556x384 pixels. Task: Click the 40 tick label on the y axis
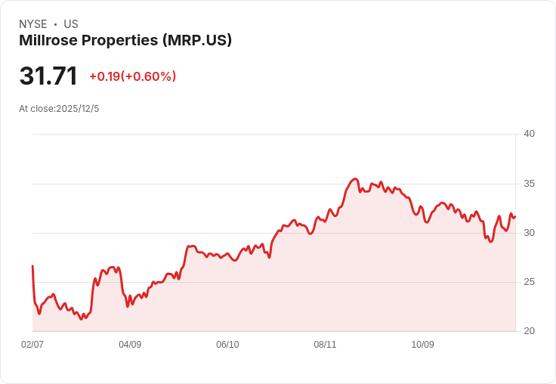[529, 134]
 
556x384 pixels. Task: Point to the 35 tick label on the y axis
[529, 184]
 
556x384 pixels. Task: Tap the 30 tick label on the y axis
[529, 233]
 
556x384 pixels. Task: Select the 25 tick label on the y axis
[529, 282]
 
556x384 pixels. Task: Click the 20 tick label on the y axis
[529, 331]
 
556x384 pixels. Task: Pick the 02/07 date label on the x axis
[32, 345]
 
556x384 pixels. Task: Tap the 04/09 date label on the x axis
[130, 345]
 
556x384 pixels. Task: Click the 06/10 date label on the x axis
[227, 345]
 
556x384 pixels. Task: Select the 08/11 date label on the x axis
[325, 345]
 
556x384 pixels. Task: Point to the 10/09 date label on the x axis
[422, 345]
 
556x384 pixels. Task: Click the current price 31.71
[48, 76]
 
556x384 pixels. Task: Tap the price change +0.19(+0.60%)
[133, 76]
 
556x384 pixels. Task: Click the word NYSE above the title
[33, 24]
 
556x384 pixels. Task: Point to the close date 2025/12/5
[78, 109]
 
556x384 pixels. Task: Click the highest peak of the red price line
[355, 178]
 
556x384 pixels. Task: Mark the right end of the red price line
[514, 217]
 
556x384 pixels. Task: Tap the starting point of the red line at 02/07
[32, 266]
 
